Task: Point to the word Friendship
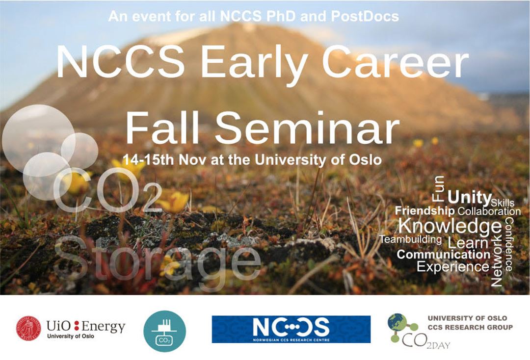click(x=424, y=211)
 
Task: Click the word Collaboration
click(x=489, y=211)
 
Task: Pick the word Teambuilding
click(x=411, y=239)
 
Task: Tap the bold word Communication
click(x=444, y=254)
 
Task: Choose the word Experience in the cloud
click(x=453, y=266)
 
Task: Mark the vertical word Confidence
click(x=509, y=244)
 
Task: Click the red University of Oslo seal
click(x=28, y=328)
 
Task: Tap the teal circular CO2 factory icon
click(x=164, y=331)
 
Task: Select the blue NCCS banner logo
click(x=291, y=329)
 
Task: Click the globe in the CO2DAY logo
click(x=397, y=322)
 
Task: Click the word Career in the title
click(x=396, y=61)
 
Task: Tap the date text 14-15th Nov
click(x=165, y=159)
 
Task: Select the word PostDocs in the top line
click(x=365, y=16)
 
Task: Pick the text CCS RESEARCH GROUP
click(x=470, y=327)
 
